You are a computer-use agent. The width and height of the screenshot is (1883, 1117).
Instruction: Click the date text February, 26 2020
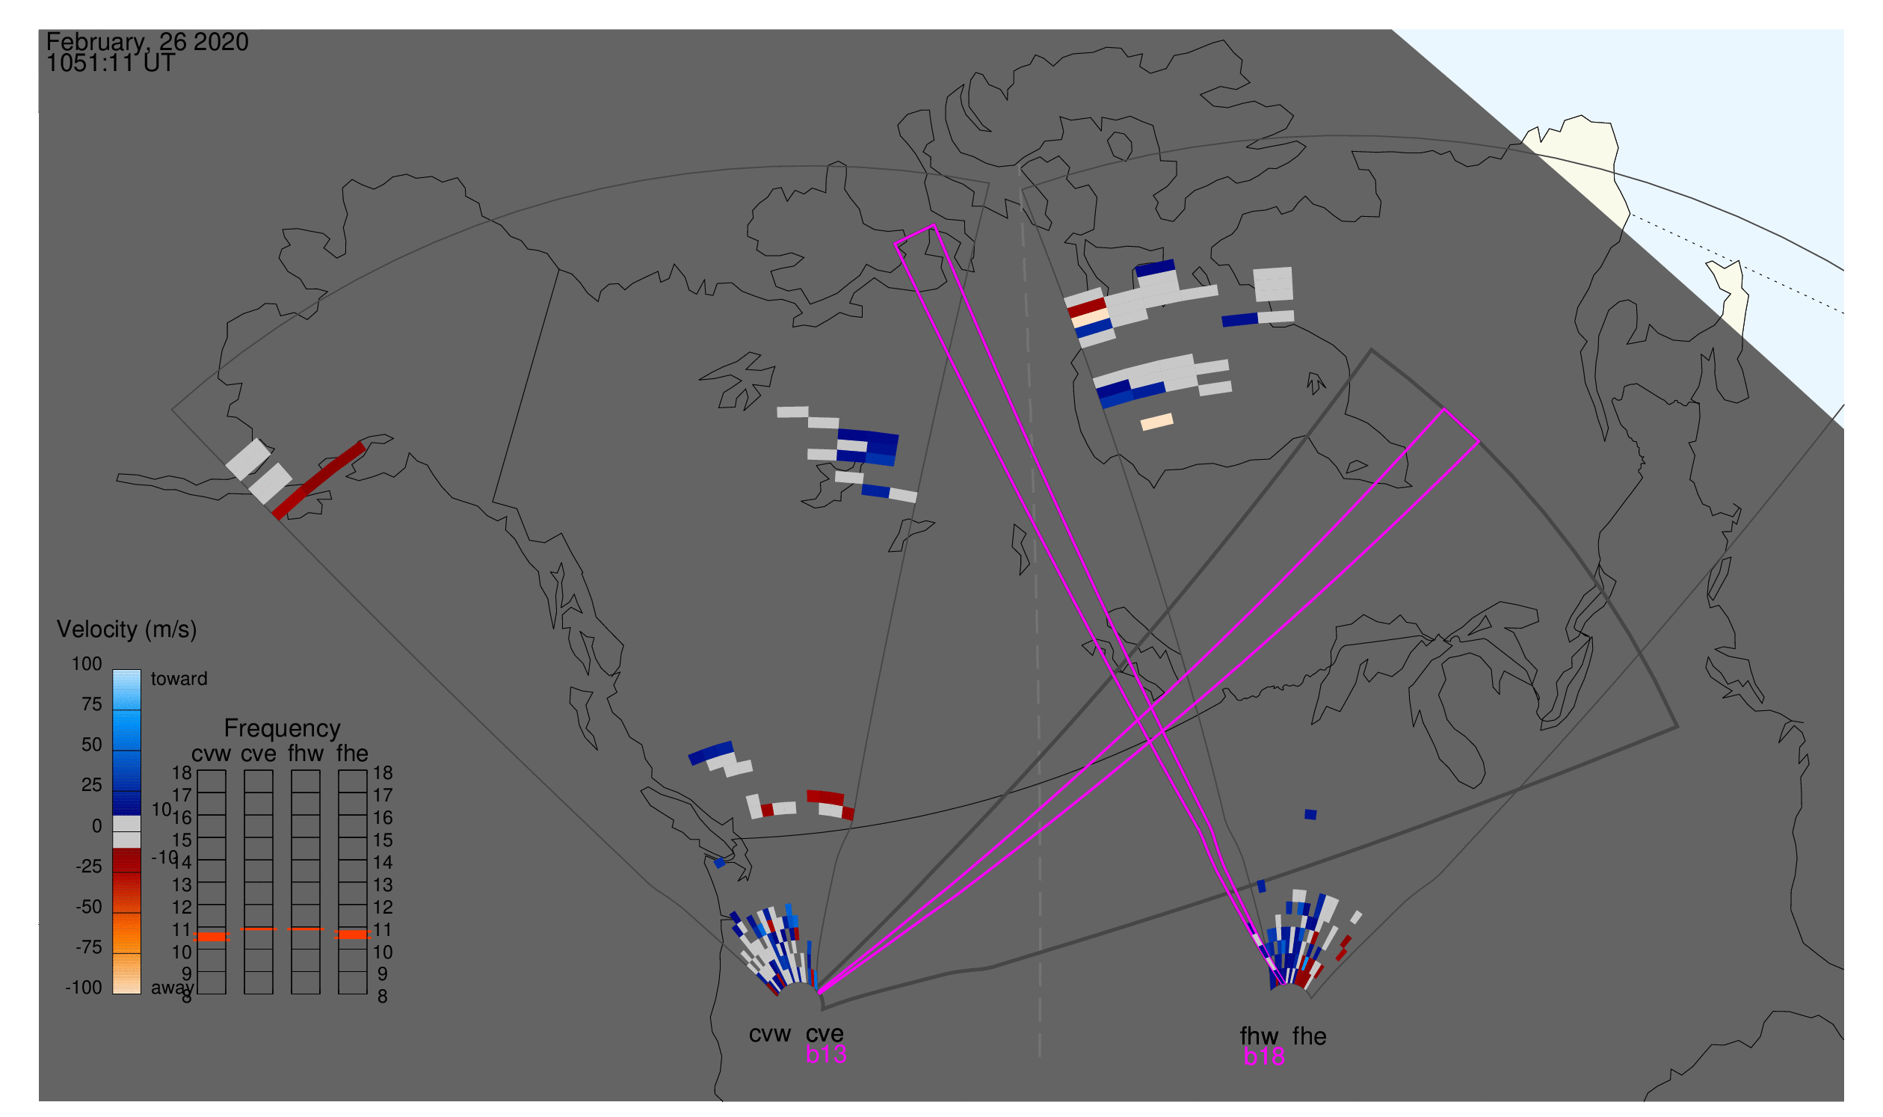[x=147, y=42]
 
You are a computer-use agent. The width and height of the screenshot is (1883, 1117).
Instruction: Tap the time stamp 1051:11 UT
[x=111, y=64]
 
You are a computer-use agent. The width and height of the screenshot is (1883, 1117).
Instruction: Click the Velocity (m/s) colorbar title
[x=126, y=630]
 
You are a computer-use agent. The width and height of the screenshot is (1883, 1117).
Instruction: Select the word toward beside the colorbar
[x=179, y=679]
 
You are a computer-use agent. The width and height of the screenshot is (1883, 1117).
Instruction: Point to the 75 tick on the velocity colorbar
[x=91, y=704]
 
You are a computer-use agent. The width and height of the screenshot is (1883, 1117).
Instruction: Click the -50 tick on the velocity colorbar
[x=88, y=907]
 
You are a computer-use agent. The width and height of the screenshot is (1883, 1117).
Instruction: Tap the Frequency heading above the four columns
[x=283, y=729]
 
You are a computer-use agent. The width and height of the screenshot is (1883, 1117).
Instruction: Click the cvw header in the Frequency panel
[x=211, y=754]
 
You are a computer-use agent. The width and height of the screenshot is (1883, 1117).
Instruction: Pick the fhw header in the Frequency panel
[x=306, y=754]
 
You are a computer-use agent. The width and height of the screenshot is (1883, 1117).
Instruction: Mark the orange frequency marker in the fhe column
[x=352, y=934]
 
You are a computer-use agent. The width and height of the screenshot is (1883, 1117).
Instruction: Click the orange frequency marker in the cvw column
[x=212, y=936]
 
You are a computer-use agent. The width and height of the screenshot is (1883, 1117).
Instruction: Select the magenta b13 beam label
[x=825, y=1054]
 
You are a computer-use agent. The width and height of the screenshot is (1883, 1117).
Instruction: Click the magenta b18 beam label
[x=1263, y=1056]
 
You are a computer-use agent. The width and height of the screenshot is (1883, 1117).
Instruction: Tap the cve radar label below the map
[x=825, y=1034]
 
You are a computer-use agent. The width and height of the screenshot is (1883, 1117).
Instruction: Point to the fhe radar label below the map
[x=1310, y=1036]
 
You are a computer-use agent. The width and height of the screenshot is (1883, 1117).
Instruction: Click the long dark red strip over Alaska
[x=319, y=480]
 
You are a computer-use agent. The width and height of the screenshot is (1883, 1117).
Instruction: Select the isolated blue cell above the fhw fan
[x=1310, y=814]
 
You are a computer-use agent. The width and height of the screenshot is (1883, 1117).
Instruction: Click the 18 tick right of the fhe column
[x=383, y=773]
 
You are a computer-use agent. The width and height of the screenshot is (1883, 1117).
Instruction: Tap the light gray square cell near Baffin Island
[x=1272, y=284]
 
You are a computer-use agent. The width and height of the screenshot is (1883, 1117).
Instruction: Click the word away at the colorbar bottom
[x=171, y=988]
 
